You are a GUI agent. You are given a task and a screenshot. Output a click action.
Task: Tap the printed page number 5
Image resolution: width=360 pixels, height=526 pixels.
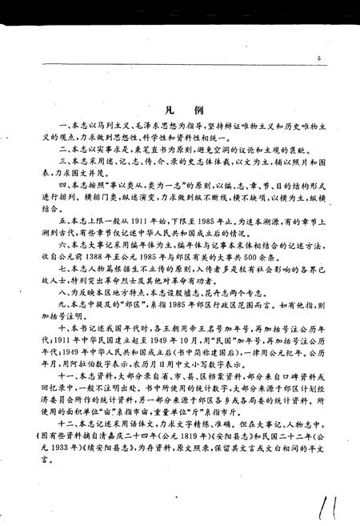point(318,58)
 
